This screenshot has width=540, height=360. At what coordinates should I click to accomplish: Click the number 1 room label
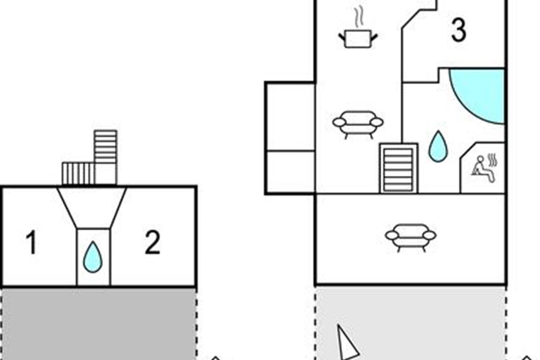click(x=31, y=243)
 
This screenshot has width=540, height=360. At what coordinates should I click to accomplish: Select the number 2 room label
click(x=152, y=243)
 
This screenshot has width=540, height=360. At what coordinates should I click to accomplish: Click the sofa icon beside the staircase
click(x=358, y=124)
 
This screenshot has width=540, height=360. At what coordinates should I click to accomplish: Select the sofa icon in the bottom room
click(x=410, y=237)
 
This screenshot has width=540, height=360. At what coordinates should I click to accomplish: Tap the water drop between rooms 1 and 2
click(x=93, y=257)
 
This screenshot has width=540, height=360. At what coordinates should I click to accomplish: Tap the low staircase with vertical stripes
click(x=78, y=174)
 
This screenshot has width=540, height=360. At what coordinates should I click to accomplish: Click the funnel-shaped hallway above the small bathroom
click(x=92, y=207)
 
